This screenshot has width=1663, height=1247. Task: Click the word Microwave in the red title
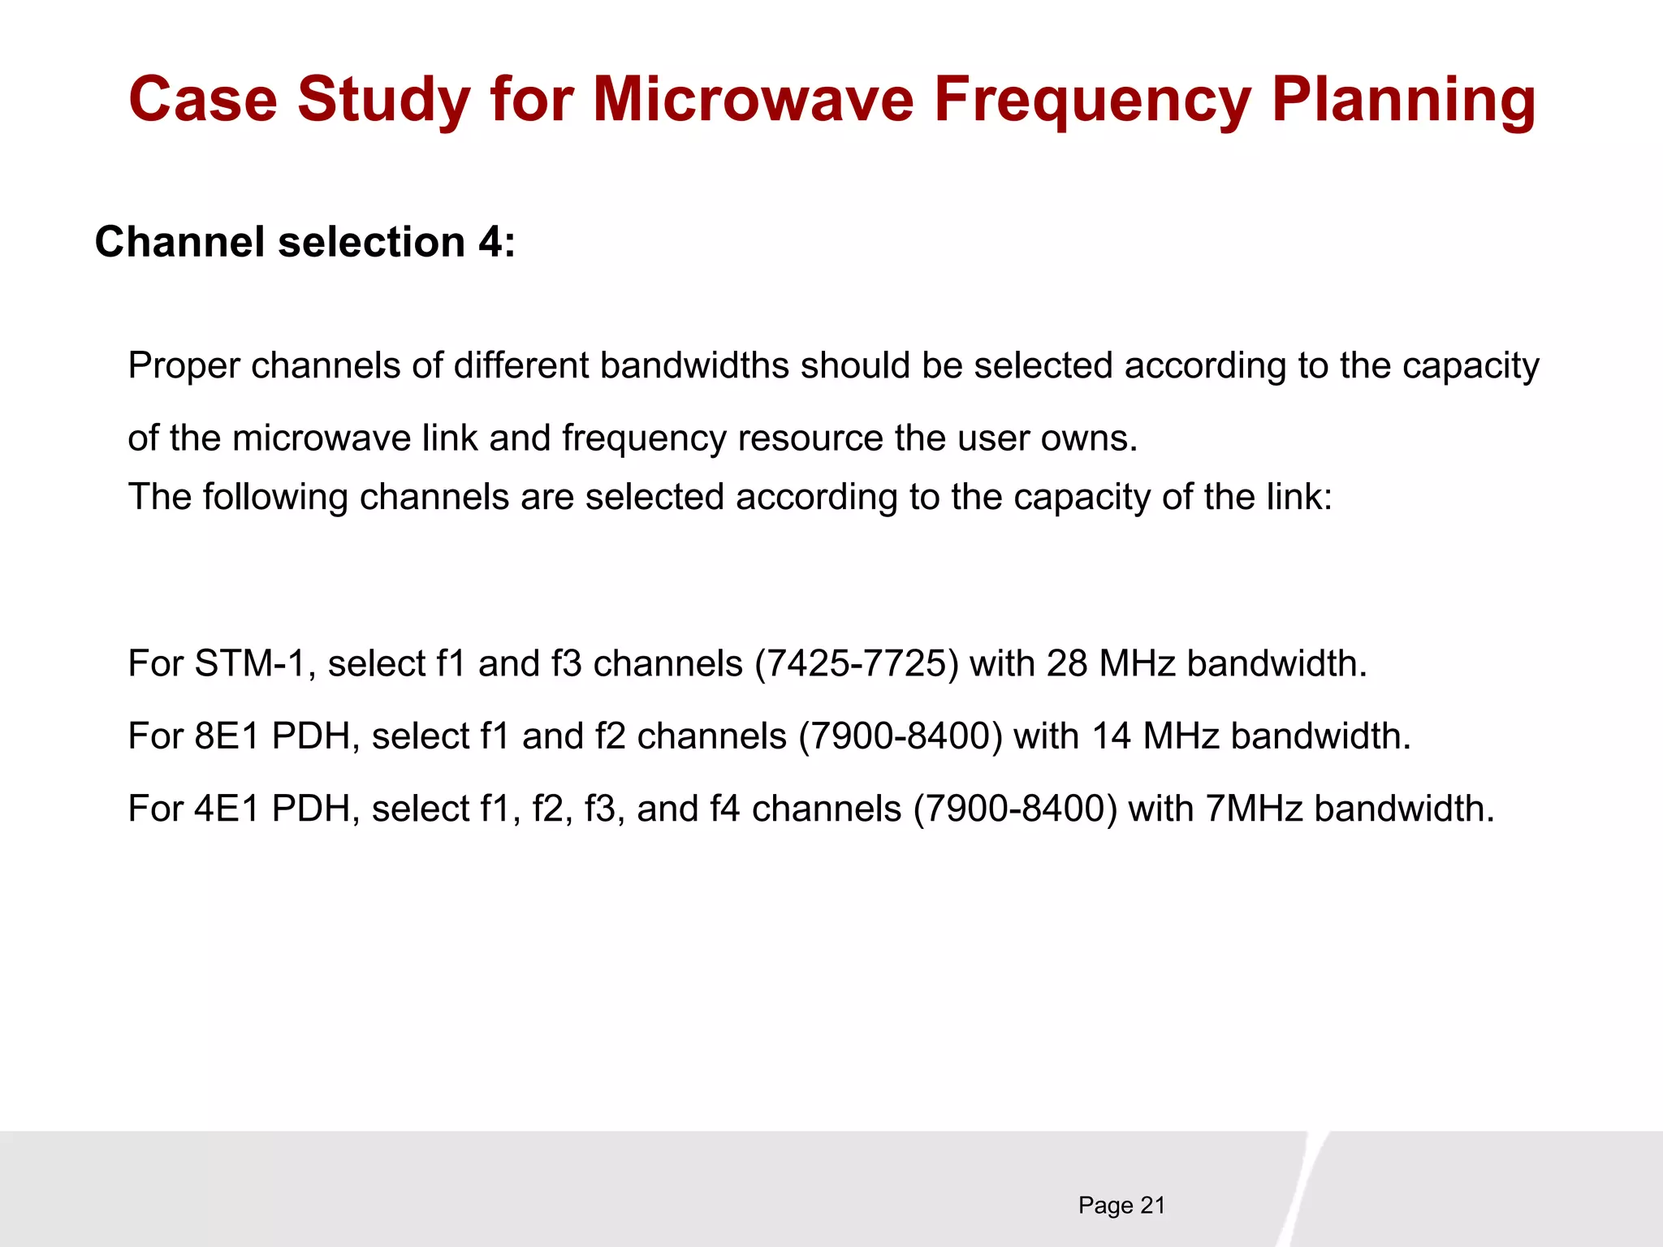(x=754, y=100)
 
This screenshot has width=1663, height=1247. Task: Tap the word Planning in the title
(x=1403, y=100)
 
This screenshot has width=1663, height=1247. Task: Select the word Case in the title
(x=203, y=100)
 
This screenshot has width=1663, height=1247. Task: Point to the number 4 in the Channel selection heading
(x=490, y=242)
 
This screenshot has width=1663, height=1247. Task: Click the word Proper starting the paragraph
(x=184, y=366)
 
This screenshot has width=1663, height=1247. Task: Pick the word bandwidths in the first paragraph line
(x=694, y=366)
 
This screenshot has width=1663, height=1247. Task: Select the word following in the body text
(x=274, y=497)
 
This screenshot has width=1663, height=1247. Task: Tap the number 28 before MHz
(x=1066, y=664)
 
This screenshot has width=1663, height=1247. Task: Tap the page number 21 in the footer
(x=1152, y=1206)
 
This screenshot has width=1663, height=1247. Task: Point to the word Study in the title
(x=383, y=100)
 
